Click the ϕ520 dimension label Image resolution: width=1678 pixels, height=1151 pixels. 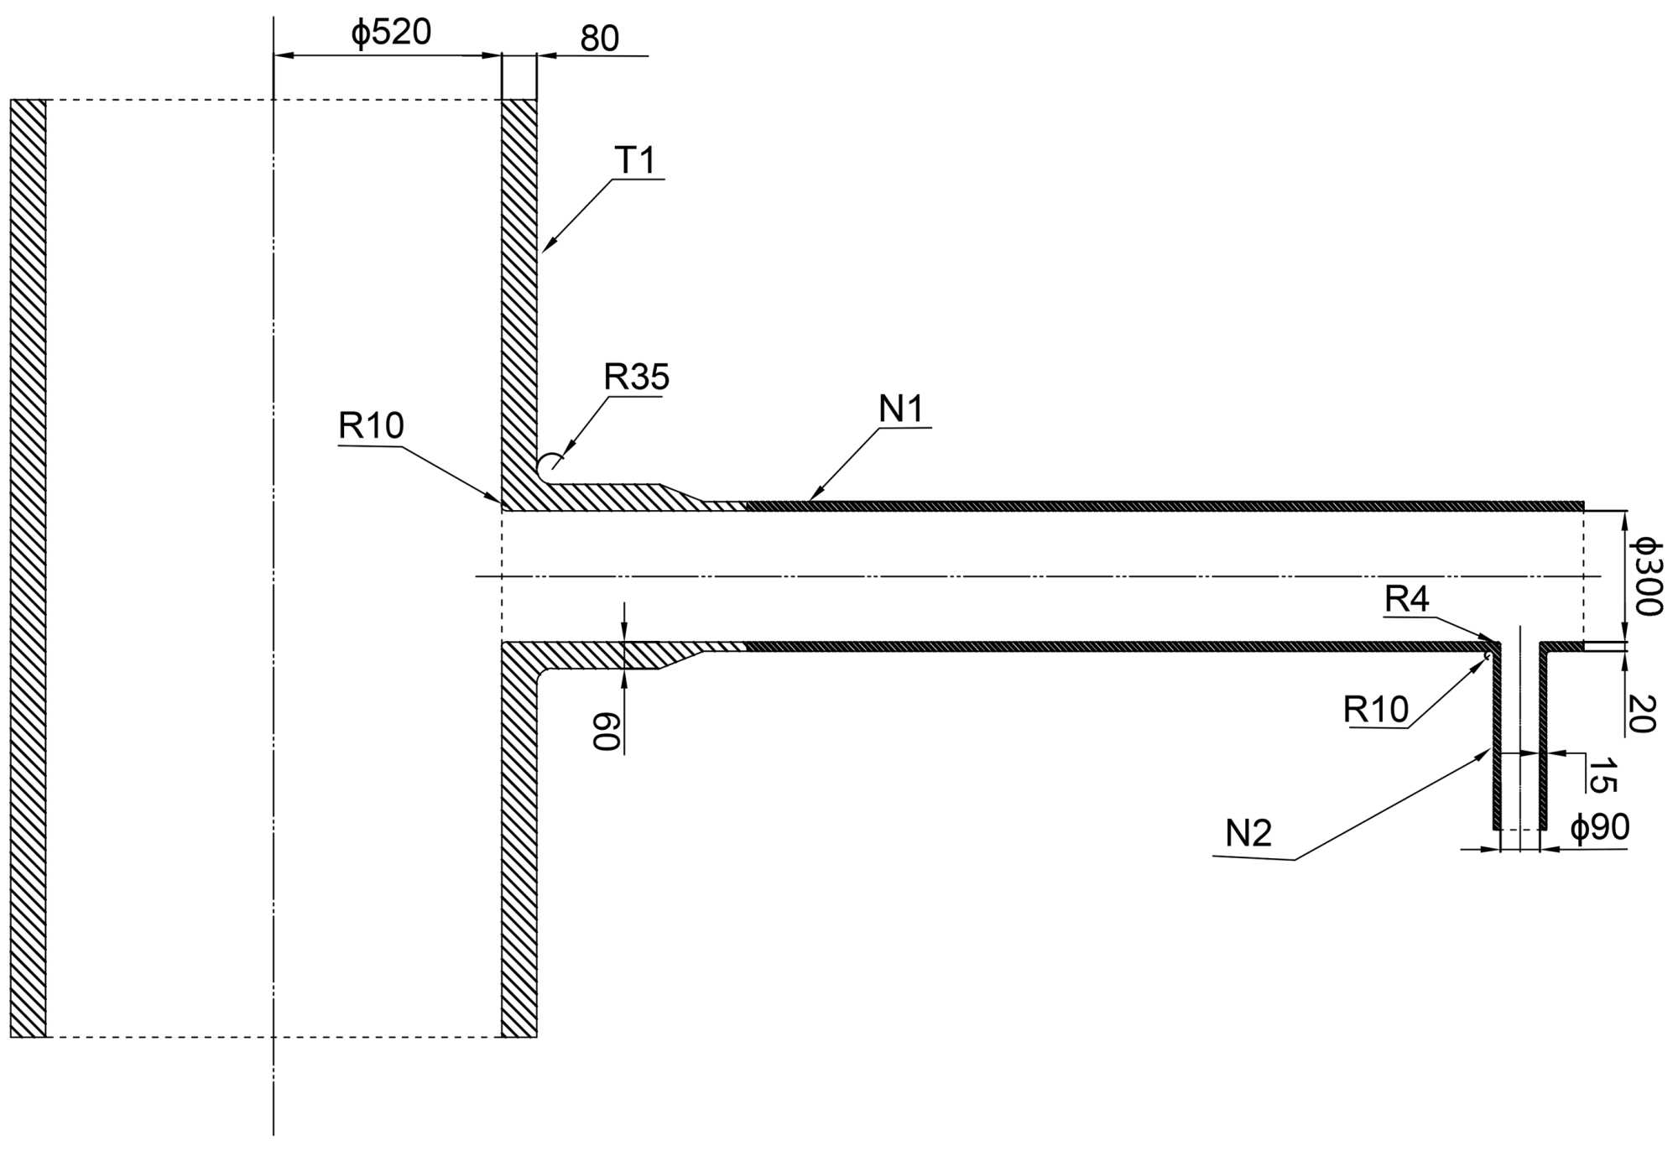coord(391,33)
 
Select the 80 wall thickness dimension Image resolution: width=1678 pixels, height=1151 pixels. coord(599,39)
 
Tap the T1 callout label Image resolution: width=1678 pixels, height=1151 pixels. coord(635,160)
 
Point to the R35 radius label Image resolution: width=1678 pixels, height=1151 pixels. coord(636,378)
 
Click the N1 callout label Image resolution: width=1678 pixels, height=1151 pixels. coord(901,409)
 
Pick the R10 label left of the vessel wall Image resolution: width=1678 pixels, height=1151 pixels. coord(371,426)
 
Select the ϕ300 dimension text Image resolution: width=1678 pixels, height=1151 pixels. coord(1645,577)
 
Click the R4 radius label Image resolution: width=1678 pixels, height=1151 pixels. coord(1406,599)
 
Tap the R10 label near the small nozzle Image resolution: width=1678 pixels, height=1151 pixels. coord(1376,710)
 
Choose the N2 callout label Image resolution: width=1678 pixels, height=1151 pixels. coord(1248,833)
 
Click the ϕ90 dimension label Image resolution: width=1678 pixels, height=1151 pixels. coord(1599,827)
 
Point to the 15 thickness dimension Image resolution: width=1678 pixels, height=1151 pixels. coord(1601,775)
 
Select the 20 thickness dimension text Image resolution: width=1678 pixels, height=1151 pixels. coord(1641,713)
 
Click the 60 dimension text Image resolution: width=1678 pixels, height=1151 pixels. coord(607,732)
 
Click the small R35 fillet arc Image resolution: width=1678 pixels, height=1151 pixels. coord(550,463)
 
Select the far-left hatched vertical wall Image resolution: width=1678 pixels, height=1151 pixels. coord(28,568)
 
